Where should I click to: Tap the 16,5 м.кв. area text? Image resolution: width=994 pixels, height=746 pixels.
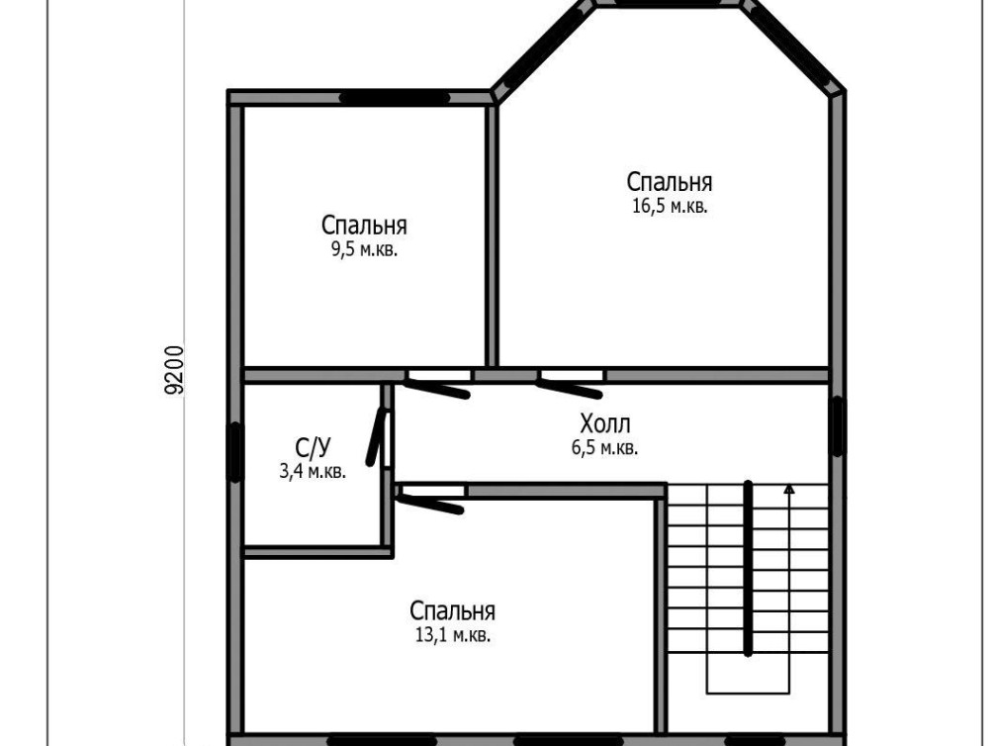click(670, 206)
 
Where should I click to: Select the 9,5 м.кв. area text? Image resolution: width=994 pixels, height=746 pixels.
click(364, 249)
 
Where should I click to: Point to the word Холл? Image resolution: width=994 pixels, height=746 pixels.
click(604, 423)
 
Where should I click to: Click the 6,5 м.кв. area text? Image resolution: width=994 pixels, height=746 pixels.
click(604, 448)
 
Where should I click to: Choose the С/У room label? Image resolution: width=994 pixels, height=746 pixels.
click(313, 448)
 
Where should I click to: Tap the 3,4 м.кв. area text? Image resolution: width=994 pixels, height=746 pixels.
click(313, 471)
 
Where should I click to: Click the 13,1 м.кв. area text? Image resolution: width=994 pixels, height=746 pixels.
click(453, 635)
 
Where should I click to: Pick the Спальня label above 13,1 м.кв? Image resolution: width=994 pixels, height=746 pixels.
click(453, 610)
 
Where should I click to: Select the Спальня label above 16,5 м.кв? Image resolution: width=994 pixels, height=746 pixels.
click(670, 182)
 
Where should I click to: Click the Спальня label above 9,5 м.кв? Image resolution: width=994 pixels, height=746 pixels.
click(364, 226)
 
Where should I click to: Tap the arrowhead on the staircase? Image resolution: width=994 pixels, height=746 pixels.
click(789, 489)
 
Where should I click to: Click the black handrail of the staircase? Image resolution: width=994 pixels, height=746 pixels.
click(749, 568)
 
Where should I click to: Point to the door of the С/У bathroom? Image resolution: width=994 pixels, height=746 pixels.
click(377, 437)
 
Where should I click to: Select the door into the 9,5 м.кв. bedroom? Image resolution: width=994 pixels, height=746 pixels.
click(437, 388)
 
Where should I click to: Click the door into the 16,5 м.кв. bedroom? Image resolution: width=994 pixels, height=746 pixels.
click(569, 388)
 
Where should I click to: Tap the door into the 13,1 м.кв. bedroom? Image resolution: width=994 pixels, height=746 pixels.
click(430, 502)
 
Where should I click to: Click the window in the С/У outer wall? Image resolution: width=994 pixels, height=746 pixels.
click(235, 452)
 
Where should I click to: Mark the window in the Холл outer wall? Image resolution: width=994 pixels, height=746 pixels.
click(838, 426)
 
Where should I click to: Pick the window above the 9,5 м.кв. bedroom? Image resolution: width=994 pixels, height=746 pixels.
click(395, 98)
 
